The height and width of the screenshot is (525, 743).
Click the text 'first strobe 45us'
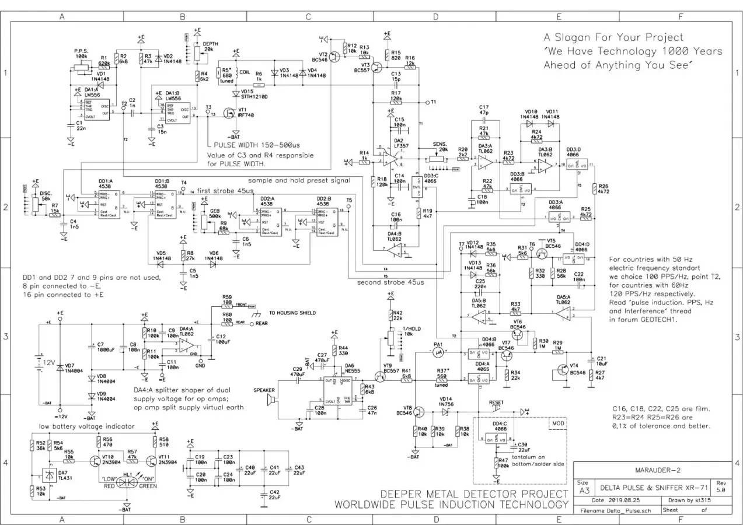(225, 191)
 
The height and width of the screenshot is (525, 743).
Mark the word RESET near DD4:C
(496, 402)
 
